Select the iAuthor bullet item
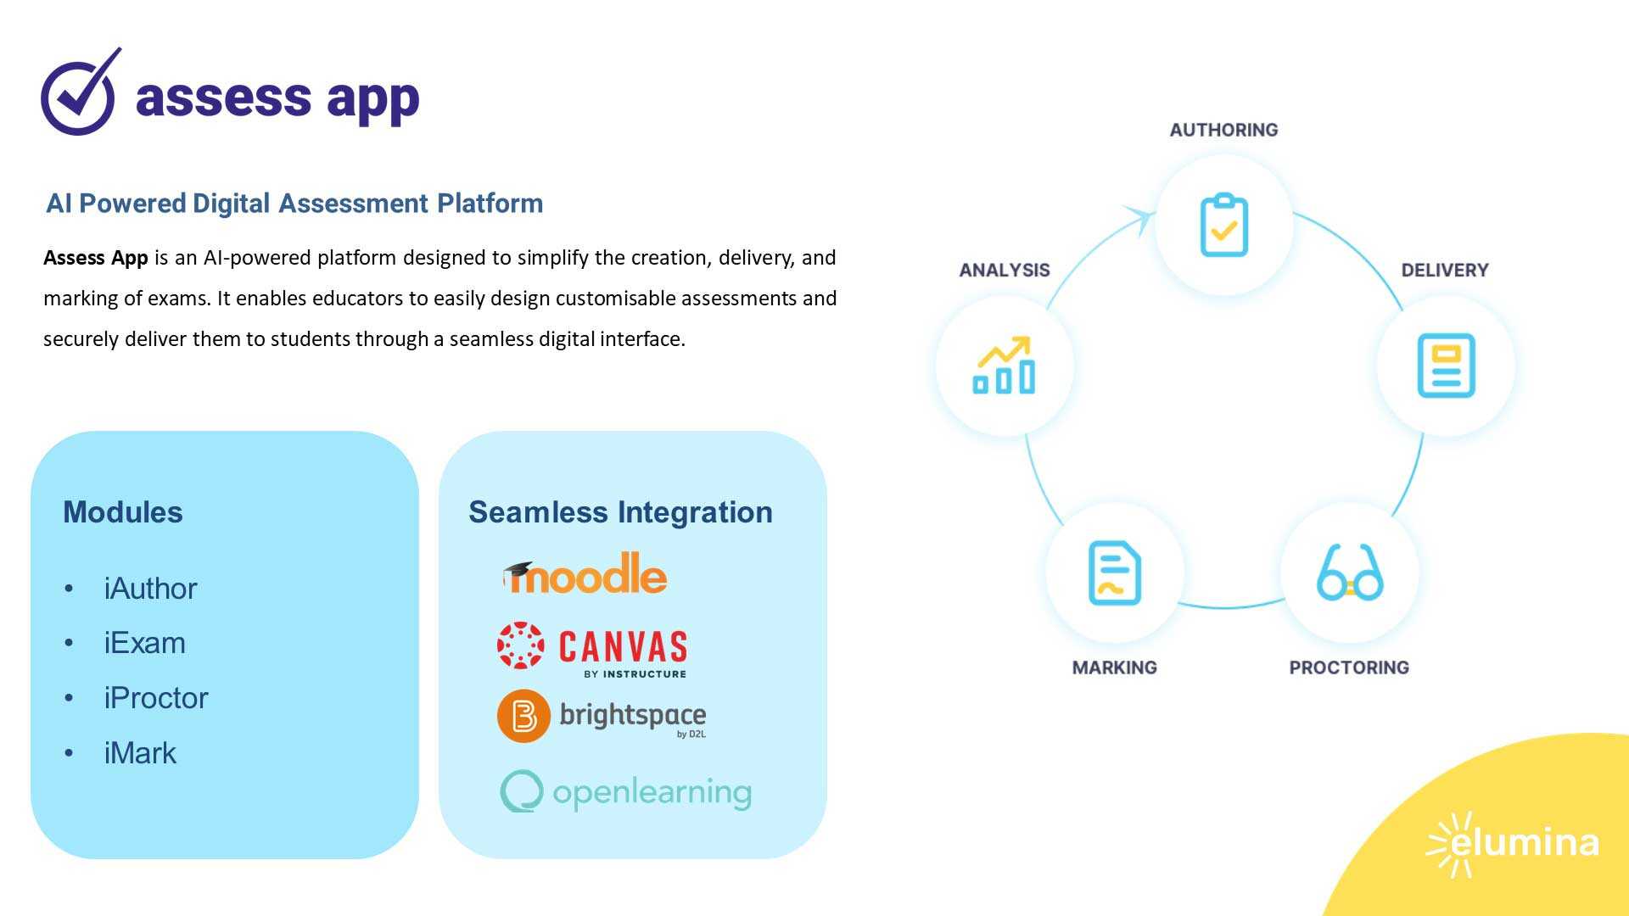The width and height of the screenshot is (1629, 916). click(150, 589)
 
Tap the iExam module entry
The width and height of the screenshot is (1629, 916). click(144, 643)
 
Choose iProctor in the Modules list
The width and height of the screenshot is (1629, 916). click(155, 698)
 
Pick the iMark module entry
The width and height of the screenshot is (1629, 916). click(140, 753)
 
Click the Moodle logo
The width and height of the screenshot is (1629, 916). click(585, 574)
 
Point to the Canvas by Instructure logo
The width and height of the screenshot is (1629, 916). click(592, 650)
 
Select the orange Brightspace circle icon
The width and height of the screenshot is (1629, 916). click(523, 716)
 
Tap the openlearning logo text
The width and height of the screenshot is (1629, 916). click(651, 793)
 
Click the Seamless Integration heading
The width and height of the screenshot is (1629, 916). click(620, 512)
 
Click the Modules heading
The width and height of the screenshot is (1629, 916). click(123, 512)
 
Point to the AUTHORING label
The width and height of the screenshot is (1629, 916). click(1223, 130)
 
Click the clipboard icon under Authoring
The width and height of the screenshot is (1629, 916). click(1223, 226)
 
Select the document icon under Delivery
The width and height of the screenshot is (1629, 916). click(1446, 366)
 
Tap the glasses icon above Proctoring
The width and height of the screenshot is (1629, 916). click(1349, 573)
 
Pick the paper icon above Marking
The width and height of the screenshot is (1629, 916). click(1114, 573)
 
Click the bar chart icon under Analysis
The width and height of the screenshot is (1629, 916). click(1005, 366)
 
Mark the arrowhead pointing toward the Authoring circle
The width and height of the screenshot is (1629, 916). click(1139, 217)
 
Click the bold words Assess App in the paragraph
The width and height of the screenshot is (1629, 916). click(96, 258)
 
